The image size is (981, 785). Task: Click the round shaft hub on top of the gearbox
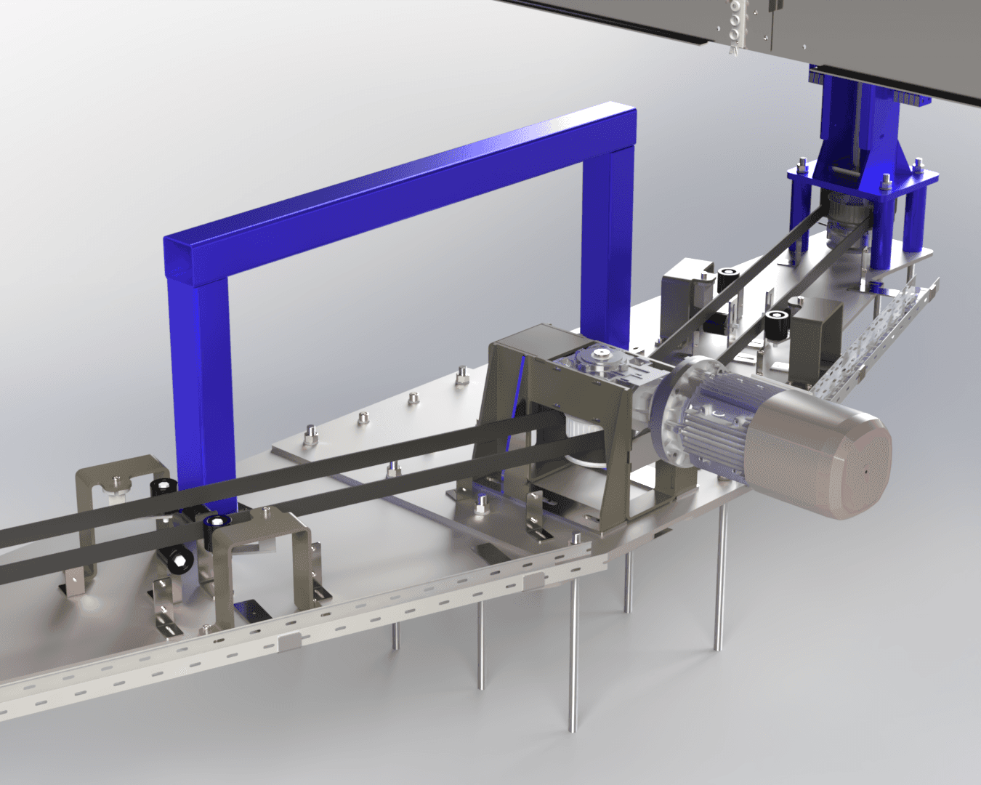(601, 355)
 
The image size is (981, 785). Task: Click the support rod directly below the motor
(719, 574)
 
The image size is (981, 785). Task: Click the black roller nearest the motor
(776, 324)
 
